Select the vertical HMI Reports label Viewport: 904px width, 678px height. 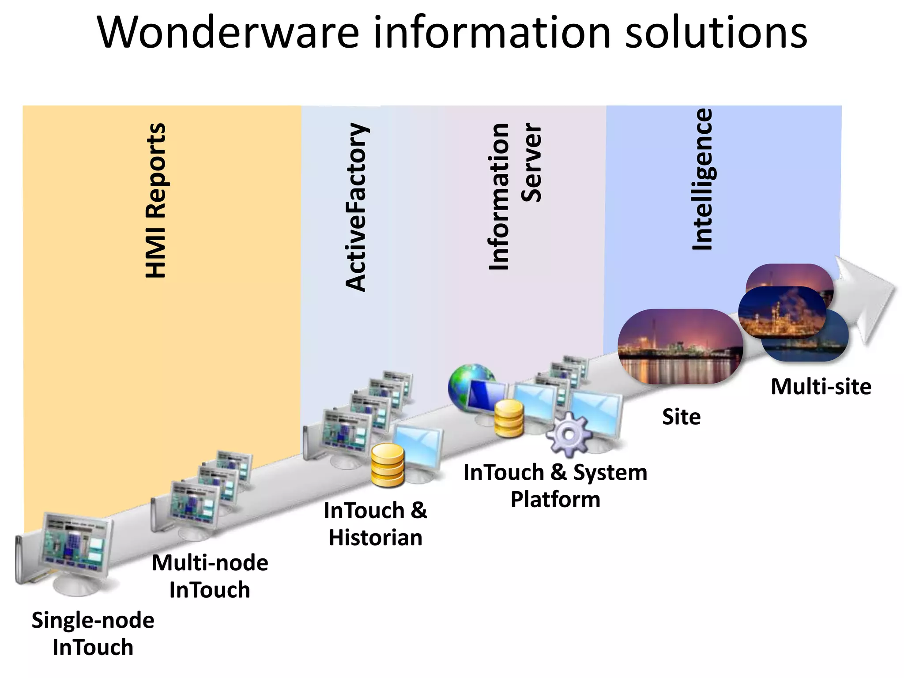click(x=156, y=201)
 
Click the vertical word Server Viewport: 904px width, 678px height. click(x=531, y=163)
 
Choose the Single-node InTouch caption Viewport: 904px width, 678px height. click(x=93, y=633)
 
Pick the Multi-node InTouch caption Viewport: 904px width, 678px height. click(x=210, y=576)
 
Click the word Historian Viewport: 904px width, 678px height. click(x=376, y=538)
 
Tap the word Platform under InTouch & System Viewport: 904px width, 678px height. click(x=555, y=499)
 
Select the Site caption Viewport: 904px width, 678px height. click(x=681, y=417)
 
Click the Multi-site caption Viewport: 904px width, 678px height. click(x=821, y=387)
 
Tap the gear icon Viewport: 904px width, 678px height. click(x=569, y=434)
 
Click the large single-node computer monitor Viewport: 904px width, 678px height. click(x=75, y=546)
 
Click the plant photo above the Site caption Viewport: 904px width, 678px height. click(x=680, y=346)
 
